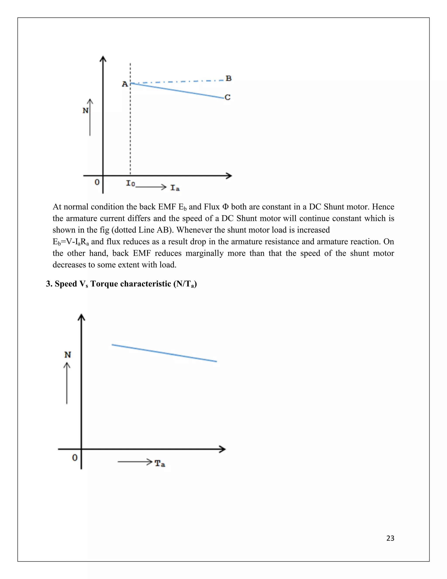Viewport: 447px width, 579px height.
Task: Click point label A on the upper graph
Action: tap(125, 84)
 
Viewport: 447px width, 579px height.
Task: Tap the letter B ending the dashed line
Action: tap(229, 78)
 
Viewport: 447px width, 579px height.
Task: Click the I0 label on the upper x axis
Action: tap(130, 183)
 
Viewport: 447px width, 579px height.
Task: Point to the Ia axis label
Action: tap(175, 188)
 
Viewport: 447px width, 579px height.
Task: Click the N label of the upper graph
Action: tap(85, 111)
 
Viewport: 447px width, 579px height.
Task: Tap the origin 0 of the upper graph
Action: tap(97, 182)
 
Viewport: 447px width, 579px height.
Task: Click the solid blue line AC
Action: tap(177, 91)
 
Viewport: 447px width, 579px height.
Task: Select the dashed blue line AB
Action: tap(177, 81)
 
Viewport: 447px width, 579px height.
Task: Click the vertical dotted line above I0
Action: tap(130, 133)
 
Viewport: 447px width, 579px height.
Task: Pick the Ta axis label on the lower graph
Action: tap(160, 463)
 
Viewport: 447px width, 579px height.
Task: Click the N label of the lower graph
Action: tap(68, 355)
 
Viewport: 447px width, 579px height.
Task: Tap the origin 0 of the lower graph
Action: tap(75, 458)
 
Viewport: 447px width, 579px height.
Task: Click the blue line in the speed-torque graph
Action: tap(164, 353)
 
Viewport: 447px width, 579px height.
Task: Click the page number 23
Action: tap(390, 538)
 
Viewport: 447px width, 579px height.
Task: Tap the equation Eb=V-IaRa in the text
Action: tap(71, 242)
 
